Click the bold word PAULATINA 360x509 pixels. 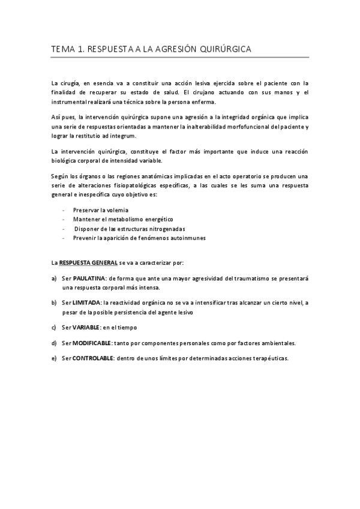tap(89, 279)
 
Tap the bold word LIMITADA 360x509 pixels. tap(86, 303)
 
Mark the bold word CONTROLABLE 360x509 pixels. tap(92, 358)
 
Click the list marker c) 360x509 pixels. tap(54, 327)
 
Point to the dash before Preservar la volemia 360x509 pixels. tap(64, 211)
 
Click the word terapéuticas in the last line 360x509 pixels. tap(269, 358)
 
